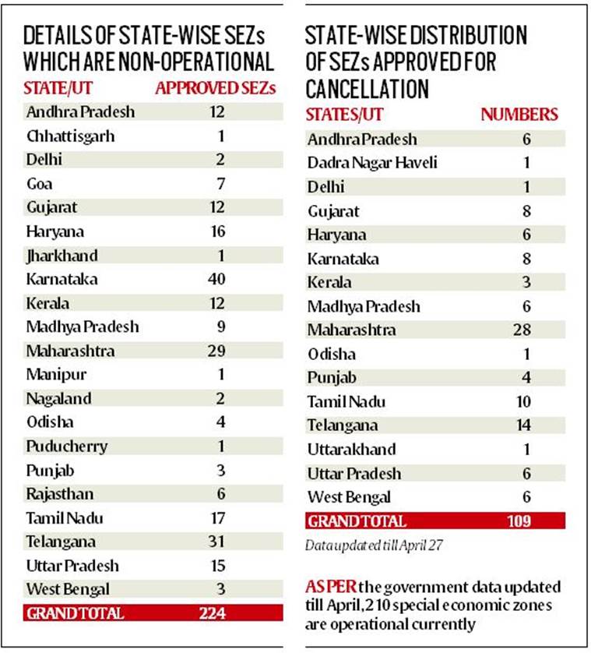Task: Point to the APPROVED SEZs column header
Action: (x=215, y=88)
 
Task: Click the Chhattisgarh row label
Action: (x=71, y=136)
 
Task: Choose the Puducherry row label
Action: (x=67, y=447)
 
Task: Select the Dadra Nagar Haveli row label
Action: (x=372, y=164)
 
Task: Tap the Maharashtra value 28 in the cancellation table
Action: (x=522, y=330)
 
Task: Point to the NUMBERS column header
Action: (x=519, y=115)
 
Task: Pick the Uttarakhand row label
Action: (x=352, y=450)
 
